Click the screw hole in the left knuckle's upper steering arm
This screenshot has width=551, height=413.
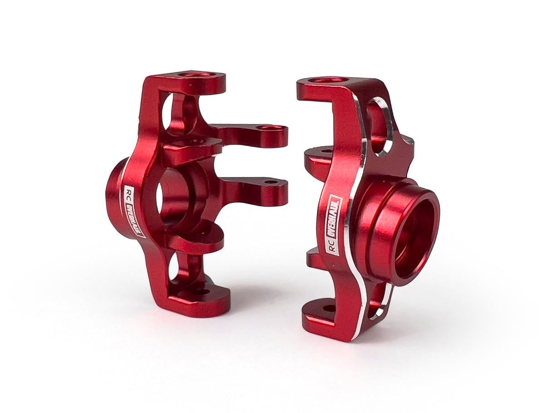(271, 128)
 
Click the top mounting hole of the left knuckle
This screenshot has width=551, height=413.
(195, 74)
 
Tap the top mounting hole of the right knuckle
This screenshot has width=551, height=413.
(328, 80)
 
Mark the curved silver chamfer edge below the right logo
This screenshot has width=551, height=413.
(361, 290)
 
